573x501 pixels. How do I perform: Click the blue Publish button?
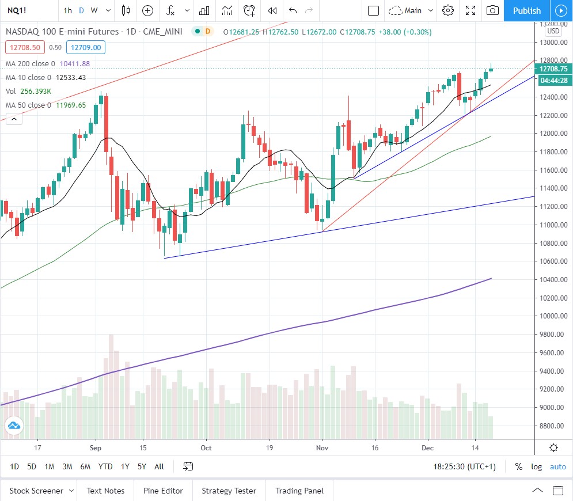526,10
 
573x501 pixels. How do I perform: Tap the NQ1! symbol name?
16,10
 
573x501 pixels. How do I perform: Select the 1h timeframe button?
68,10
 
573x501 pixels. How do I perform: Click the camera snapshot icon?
492,10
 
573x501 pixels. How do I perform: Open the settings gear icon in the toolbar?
448,10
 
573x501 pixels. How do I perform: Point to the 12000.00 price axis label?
553,134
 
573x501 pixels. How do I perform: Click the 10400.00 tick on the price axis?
553,280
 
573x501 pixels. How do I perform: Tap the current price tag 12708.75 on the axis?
553,69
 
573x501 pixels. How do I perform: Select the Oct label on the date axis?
206,447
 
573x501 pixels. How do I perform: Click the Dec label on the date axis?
427,447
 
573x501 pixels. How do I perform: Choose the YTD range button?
105,466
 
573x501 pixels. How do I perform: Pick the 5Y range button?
142,466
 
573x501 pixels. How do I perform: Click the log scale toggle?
536,466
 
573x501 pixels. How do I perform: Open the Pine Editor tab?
163,491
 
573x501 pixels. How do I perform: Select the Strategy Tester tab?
229,491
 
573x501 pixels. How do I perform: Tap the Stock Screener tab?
36,491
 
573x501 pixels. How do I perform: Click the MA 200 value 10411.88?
74,63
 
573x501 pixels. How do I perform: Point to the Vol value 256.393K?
36,91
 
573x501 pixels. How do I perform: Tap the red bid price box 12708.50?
24,48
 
